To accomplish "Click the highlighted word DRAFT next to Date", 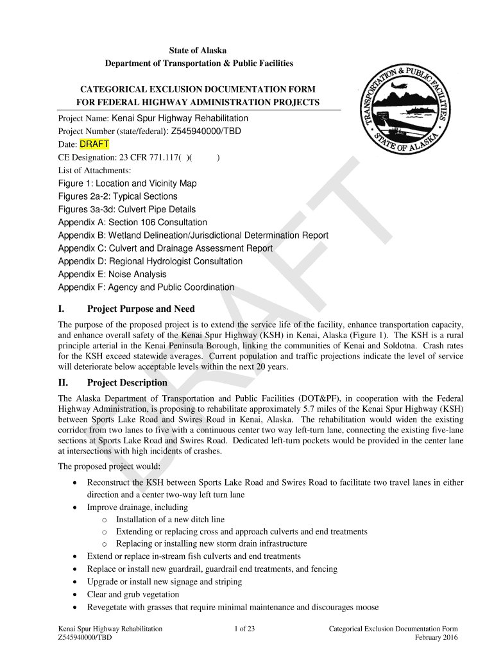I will [94, 144].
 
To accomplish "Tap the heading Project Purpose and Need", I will [141, 309].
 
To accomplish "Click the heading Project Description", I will [127, 383].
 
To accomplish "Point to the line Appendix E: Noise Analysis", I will [112, 275].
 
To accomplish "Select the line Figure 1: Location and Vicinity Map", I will [127, 183].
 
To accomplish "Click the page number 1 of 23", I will [244, 629].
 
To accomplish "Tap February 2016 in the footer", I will [436, 638].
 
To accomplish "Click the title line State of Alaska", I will [198, 51].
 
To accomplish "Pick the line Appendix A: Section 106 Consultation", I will [133, 223].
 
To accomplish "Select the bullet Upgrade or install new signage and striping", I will [164, 581].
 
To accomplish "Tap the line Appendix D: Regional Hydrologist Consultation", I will [150, 262].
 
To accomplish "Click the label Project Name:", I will [83, 119].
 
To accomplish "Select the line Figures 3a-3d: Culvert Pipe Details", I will [127, 210].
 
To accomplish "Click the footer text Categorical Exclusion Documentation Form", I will [393, 629].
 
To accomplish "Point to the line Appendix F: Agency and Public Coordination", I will [146, 288].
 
